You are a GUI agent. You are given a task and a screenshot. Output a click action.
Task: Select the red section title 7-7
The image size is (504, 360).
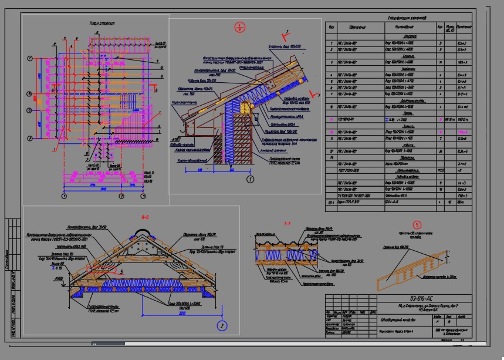pyautogui.click(x=287, y=224)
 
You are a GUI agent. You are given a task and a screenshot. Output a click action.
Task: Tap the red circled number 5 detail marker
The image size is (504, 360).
pyautogui.click(x=417, y=224)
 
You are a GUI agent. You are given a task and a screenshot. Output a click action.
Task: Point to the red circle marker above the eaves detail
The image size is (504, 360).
pyautogui.click(x=239, y=27)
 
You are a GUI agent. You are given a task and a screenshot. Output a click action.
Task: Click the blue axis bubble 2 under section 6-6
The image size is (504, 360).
pyautogui.click(x=221, y=325)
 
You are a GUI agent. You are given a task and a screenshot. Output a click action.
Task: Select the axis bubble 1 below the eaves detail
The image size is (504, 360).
pyautogui.click(x=250, y=179)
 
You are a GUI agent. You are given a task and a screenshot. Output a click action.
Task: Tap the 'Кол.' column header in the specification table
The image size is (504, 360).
pyautogui.click(x=439, y=27)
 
